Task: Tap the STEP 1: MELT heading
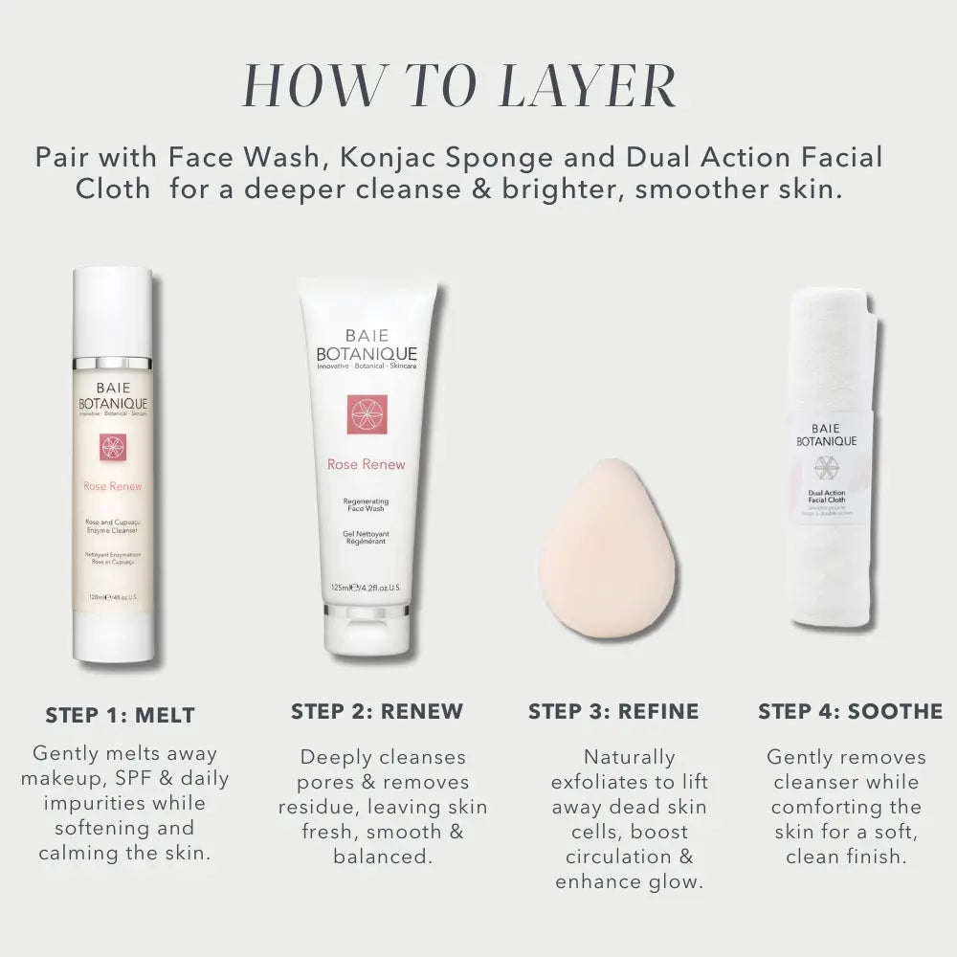click(x=120, y=715)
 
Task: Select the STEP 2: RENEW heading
click(x=376, y=711)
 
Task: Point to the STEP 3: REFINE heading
click(x=613, y=711)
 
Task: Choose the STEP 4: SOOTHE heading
click(x=850, y=711)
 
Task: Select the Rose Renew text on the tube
click(x=366, y=464)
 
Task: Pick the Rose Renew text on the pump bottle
click(x=112, y=486)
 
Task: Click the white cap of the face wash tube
click(x=367, y=636)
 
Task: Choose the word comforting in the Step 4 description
click(x=832, y=807)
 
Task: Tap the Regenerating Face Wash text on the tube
click(x=366, y=506)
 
